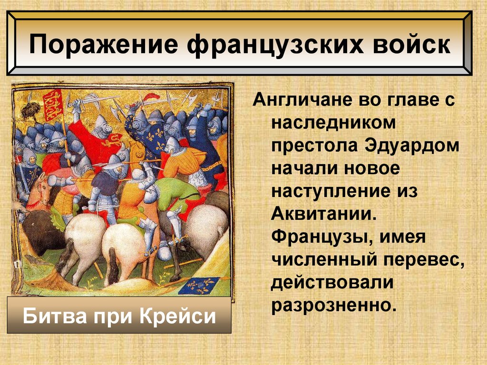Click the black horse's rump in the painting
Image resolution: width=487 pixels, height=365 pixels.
38,228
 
